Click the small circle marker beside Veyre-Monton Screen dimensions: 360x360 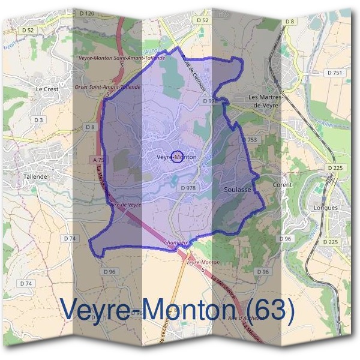[177, 157]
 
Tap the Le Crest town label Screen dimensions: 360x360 [46, 89]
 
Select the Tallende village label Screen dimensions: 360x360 [35, 177]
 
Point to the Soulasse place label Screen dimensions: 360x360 [236, 188]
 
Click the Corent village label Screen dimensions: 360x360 [283, 185]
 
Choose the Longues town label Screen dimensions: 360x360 [326, 208]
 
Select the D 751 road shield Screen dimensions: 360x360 [334, 73]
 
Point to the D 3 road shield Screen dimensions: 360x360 [39, 120]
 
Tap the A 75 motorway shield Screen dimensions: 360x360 [99, 160]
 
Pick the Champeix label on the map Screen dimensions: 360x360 [175, 243]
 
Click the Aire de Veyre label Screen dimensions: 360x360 [125, 205]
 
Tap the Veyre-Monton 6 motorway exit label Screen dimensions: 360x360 [202, 266]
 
